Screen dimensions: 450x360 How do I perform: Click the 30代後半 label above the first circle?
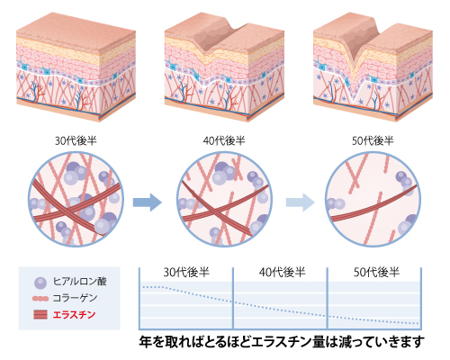[x=76, y=140]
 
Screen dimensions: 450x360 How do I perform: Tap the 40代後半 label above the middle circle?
[x=224, y=140]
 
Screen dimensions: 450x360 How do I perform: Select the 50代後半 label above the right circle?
[x=373, y=140]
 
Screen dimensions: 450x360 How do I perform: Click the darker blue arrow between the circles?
[x=148, y=202]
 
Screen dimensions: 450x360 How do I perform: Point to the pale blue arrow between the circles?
[x=301, y=202]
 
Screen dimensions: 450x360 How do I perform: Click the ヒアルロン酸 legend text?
[x=80, y=282]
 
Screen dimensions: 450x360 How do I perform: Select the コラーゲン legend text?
[x=75, y=298]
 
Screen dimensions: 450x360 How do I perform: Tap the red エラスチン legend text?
[x=74, y=315]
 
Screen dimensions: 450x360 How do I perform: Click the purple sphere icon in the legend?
[x=40, y=283]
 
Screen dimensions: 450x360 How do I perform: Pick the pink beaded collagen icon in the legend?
[x=40, y=299]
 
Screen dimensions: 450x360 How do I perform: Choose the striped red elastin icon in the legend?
[x=40, y=315]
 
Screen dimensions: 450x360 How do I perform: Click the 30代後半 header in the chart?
[x=186, y=273]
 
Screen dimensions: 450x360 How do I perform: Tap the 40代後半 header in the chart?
[x=282, y=273]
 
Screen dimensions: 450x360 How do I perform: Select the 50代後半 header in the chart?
[x=376, y=273]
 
